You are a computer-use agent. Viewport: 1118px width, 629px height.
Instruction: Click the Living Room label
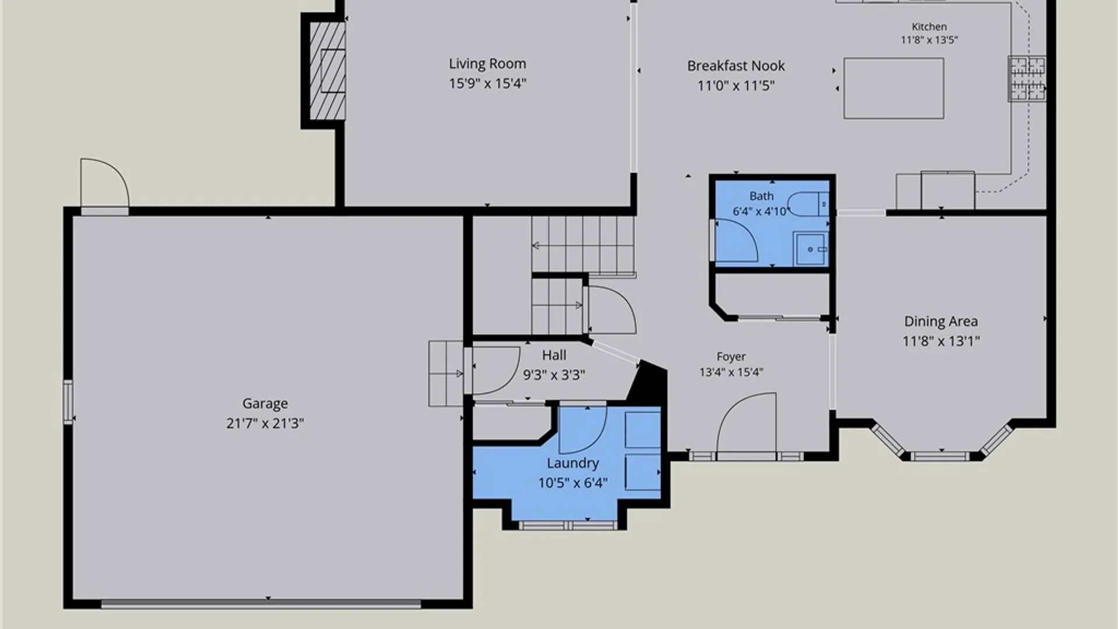[487, 63]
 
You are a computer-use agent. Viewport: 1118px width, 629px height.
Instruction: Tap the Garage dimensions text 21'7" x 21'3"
[265, 423]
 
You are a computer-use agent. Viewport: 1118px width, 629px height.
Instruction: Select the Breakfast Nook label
[736, 66]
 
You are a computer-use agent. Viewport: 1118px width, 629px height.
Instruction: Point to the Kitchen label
[929, 27]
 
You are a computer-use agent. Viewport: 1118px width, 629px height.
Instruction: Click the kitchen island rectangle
[894, 89]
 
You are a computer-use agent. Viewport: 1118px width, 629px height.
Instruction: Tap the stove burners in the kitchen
[1028, 78]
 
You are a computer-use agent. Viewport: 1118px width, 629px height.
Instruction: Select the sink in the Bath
[811, 249]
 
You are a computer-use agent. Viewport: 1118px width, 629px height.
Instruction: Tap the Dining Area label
[941, 321]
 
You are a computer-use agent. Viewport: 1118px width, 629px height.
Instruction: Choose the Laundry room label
[573, 463]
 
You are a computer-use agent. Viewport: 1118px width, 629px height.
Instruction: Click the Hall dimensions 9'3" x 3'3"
[554, 375]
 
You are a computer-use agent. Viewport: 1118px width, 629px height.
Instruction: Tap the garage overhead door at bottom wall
[261, 605]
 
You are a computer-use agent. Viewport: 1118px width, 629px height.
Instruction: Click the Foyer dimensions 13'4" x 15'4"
[731, 372]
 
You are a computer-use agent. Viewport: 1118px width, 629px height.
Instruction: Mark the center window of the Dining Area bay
[940, 455]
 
